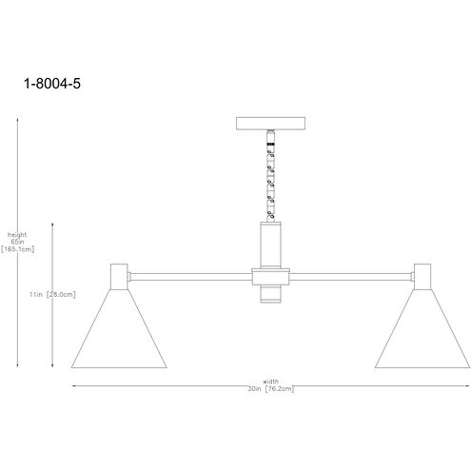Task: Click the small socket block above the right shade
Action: (x=423, y=275)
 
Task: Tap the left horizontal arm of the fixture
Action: (x=191, y=276)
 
